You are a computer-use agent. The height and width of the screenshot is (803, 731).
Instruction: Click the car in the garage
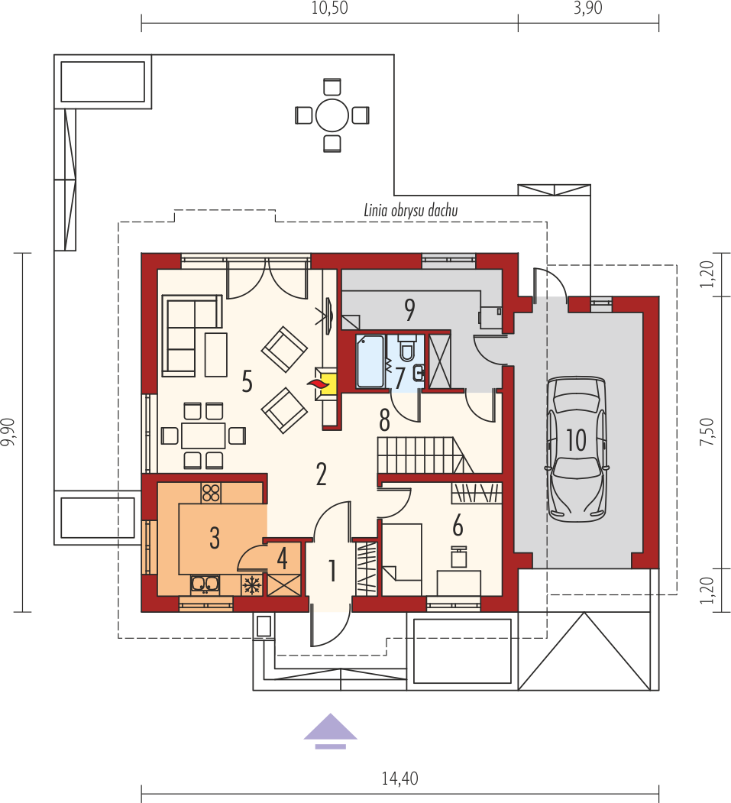pos(577,448)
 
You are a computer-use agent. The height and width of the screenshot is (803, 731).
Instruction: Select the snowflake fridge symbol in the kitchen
pos(251,584)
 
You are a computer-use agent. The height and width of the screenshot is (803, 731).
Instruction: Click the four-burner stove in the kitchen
pos(211,492)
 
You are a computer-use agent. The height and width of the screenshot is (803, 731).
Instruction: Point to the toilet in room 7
pos(406,347)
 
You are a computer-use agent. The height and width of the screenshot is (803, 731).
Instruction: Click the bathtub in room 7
pos(370,361)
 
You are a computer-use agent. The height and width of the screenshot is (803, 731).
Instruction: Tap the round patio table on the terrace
pos(332,115)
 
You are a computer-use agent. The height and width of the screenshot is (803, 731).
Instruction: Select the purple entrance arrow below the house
pos(331,730)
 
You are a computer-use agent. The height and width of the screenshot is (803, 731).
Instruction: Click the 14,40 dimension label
pos(399,779)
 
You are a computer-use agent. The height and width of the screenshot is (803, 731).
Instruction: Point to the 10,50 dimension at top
pos(330,8)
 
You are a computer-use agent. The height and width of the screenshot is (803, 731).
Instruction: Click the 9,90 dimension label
pos(8,432)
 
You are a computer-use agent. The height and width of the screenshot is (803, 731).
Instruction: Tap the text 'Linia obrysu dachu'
pos(410,210)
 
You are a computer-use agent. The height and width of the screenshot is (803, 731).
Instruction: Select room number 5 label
pos(247,382)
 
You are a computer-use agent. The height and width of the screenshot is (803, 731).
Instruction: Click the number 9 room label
pos(409,310)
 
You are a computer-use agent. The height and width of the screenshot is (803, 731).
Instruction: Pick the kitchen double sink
pos(205,584)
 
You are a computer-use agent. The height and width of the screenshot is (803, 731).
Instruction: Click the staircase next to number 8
pos(425,455)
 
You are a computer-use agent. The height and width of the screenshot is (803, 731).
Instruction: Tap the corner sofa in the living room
pos(192,335)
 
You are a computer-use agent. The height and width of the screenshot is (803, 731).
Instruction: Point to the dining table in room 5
pos(203,435)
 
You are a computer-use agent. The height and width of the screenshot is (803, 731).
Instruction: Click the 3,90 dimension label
pos(587,8)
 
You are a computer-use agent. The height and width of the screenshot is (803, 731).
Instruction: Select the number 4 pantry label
pos(282,559)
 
